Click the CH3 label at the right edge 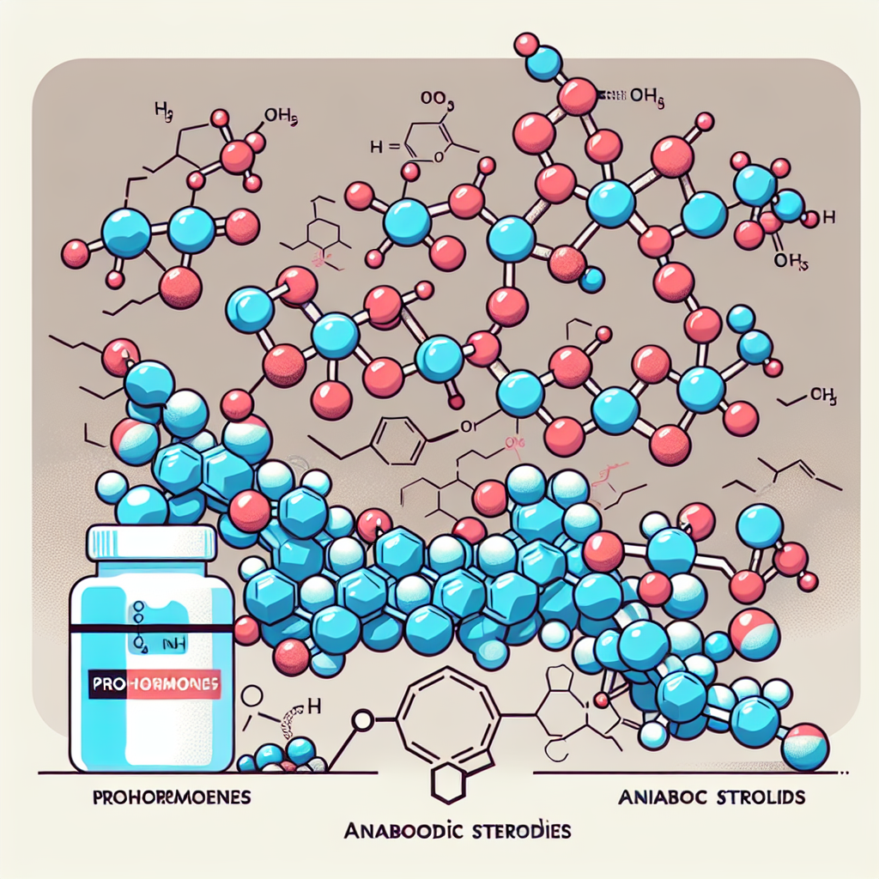[x=821, y=396]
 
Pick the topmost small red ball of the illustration [x=526, y=43]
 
